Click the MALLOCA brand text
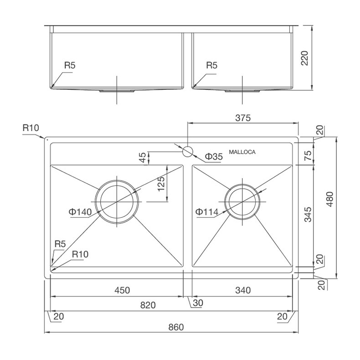242,152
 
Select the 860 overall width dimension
176,327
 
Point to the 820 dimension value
148,305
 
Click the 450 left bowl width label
122,290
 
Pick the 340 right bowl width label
243,290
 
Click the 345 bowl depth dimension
308,215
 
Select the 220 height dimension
304,58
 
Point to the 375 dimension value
243,118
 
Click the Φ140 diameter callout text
80,212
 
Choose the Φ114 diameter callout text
207,212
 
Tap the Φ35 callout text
214,157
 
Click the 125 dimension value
161,184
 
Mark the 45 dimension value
143,158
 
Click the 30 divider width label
198,303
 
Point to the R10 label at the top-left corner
31,128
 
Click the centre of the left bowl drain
117,201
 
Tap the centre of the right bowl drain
242,202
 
